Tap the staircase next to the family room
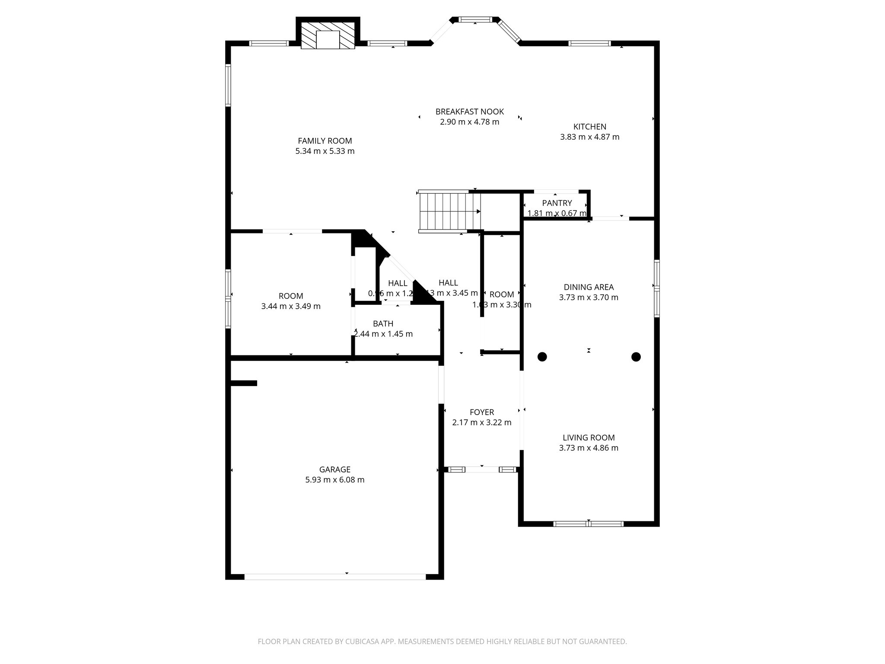449,211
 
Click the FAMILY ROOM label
325,141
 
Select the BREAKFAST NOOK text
469,112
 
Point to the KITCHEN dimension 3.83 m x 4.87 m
589,137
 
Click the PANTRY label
557,203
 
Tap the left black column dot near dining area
542,357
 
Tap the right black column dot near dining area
636,357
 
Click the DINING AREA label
589,287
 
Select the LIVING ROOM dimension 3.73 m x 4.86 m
589,448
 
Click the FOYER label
482,412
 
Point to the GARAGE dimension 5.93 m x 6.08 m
335,480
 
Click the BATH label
383,324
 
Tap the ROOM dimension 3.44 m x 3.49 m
291,306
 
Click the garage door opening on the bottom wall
335,577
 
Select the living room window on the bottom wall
589,524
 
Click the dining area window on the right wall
656,288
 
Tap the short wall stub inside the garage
244,383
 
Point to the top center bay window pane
475,19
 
